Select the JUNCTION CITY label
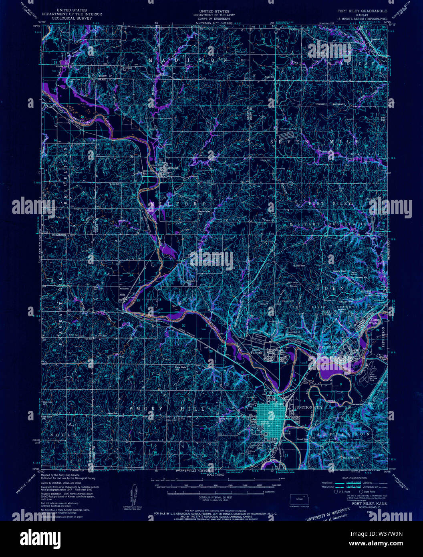pyautogui.click(x=308, y=407)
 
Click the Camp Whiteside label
pyautogui.click(x=377, y=321)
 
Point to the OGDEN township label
pyautogui.click(x=328, y=288)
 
